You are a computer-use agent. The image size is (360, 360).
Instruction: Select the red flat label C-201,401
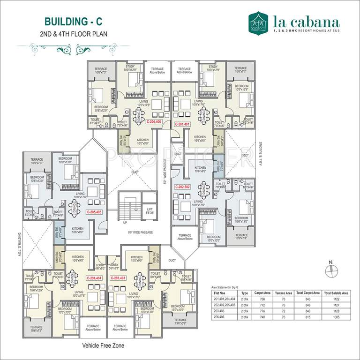[181, 125]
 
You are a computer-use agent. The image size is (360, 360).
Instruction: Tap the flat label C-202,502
[181, 187]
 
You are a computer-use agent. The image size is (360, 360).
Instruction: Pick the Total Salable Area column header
[336, 292]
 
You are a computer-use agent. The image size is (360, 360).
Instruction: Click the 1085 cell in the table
[336, 317]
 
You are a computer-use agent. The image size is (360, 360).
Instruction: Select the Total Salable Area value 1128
[336, 311]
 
